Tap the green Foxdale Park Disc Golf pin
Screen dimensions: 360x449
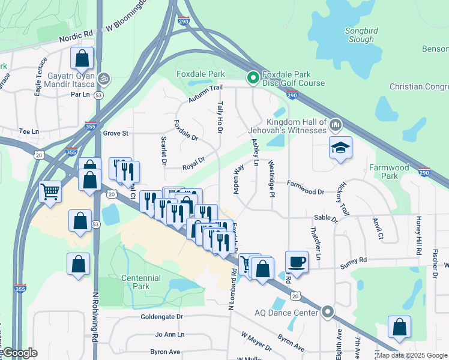[x=253, y=77]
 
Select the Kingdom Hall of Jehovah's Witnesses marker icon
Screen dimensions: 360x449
[x=335, y=125]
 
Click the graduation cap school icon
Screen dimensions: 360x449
[x=340, y=148]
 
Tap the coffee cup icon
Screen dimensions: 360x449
[x=297, y=261]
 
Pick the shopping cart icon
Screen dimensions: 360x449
[x=50, y=191]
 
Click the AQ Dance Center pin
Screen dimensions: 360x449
[x=327, y=312]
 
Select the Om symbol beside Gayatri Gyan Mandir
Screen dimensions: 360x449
[x=104, y=79]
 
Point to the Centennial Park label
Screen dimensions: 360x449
[x=141, y=282]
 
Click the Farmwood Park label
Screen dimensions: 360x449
[x=390, y=172]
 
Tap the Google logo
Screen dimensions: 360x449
[x=20, y=353]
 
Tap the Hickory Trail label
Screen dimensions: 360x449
[x=344, y=199]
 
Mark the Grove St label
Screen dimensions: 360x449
[x=116, y=133]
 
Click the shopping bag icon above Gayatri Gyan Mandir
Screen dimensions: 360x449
[x=82, y=58]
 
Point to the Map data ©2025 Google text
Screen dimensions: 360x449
[x=412, y=355]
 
